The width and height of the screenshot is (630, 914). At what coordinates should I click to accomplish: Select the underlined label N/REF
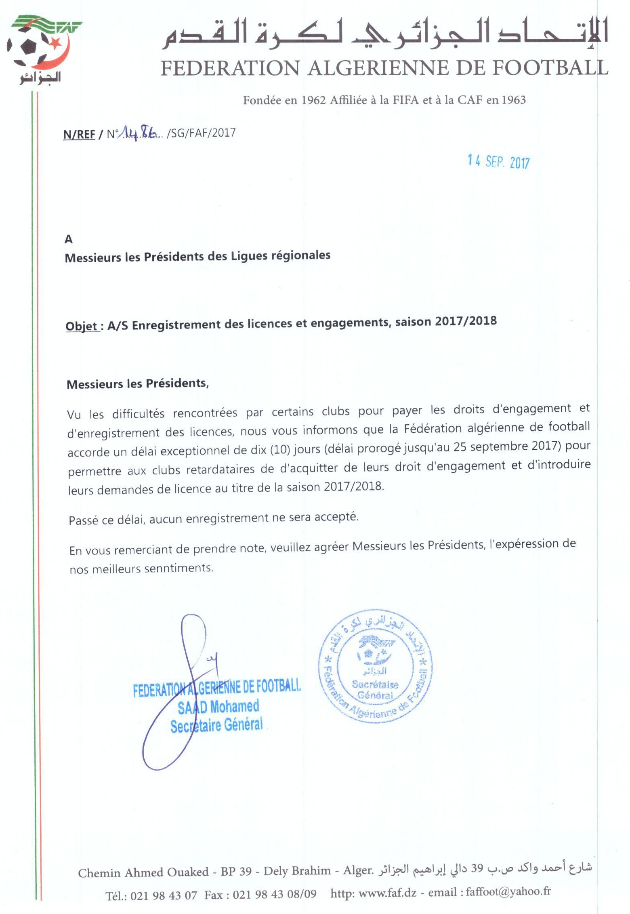79,134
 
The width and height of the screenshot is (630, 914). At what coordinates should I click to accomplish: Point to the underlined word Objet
81,326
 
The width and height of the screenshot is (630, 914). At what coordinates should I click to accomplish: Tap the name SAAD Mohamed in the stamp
218,707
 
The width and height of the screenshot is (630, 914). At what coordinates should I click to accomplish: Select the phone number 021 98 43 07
164,895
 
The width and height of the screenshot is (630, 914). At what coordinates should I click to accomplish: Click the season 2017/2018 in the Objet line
466,321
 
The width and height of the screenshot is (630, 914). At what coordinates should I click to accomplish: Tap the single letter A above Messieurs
69,240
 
